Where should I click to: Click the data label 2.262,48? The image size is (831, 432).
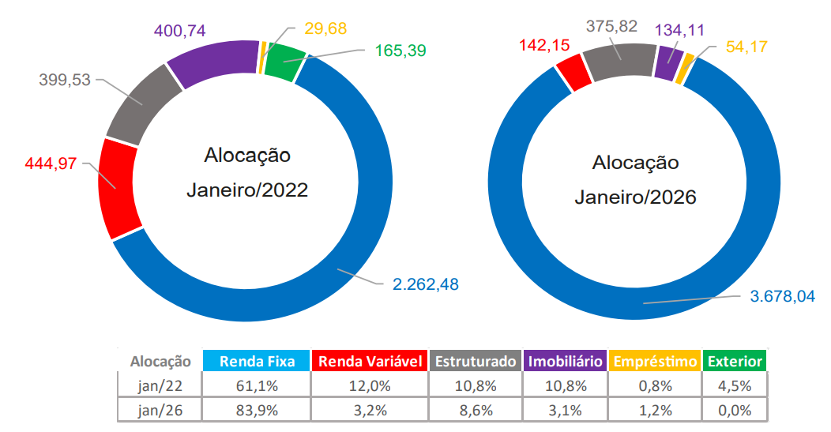pos(427,283)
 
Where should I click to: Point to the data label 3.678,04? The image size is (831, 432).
pos(782,296)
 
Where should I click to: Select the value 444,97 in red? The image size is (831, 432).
pos(52,163)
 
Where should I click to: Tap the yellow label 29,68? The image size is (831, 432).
pos(325,29)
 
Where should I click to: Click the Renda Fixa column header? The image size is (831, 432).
pos(257,362)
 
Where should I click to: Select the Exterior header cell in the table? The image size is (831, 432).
pos(735,362)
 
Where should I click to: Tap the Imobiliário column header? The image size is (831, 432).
pos(566,362)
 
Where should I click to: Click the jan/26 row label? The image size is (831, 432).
pos(161,410)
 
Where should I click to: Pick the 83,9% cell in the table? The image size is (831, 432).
pos(257,410)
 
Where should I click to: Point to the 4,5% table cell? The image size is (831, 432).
pos(735,386)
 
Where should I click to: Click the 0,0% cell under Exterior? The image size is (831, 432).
pos(735,410)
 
